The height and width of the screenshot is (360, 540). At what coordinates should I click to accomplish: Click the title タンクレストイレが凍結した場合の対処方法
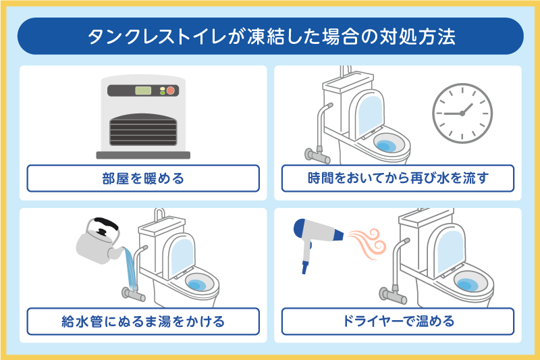(270, 36)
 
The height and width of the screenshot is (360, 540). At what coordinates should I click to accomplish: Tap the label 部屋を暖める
(143, 179)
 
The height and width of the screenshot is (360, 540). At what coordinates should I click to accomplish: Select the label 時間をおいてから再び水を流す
(398, 179)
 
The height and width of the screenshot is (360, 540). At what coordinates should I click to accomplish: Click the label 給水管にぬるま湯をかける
(143, 322)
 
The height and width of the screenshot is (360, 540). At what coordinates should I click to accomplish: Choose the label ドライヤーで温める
(398, 322)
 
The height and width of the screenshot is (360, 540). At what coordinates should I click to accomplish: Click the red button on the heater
(171, 91)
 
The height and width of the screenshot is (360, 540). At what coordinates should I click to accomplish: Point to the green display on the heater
(143, 91)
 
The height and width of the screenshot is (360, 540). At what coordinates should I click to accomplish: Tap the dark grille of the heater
(143, 127)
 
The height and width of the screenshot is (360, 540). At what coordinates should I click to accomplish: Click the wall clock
(462, 112)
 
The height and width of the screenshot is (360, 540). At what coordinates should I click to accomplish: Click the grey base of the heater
(143, 155)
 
